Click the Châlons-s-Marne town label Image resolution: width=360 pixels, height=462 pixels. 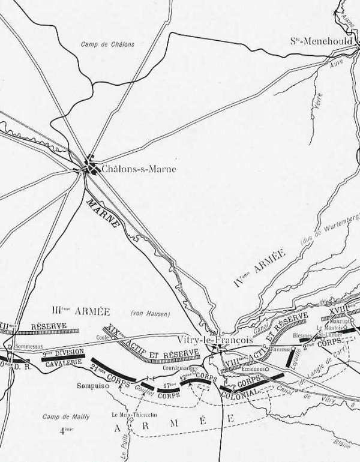tap(139, 169)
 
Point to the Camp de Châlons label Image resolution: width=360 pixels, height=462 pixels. tap(108, 44)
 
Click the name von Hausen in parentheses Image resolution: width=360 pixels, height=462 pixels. tap(151, 313)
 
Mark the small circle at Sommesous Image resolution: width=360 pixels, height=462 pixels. tap(10, 347)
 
